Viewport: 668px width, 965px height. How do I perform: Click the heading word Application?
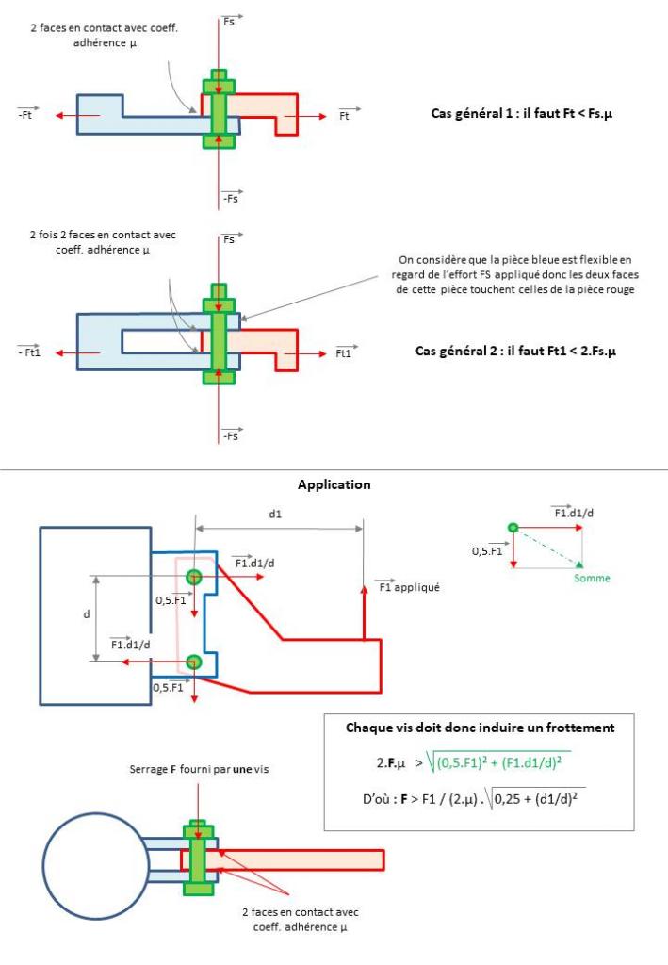(334, 485)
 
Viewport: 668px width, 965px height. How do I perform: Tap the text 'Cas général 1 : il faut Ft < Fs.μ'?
(522, 114)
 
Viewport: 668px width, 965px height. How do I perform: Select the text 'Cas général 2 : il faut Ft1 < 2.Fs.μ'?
(515, 352)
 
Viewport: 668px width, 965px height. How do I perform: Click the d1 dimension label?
(275, 514)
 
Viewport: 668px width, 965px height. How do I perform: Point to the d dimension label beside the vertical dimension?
(86, 614)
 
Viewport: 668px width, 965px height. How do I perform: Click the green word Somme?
(592, 578)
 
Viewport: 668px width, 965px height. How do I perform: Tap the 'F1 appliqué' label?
(409, 586)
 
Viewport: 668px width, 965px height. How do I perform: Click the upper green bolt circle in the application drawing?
(194, 577)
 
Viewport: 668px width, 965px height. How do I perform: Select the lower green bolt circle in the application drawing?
(194, 662)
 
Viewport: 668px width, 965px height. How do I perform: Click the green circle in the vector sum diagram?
(513, 528)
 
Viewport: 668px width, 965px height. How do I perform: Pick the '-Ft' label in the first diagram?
(25, 114)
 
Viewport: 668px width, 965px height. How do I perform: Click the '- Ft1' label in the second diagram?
(29, 352)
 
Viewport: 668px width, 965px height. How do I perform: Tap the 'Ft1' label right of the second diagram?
(344, 352)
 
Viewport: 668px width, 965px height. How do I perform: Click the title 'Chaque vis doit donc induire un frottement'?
(480, 728)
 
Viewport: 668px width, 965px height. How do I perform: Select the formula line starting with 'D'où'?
(474, 799)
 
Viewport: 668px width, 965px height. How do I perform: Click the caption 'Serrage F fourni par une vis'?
(199, 769)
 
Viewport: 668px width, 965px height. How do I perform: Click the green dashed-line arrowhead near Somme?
(578, 564)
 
